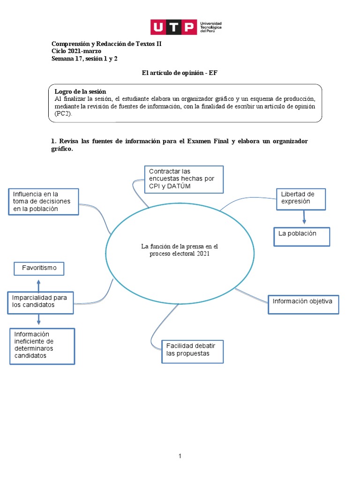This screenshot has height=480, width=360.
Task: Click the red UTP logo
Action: coord(173,27)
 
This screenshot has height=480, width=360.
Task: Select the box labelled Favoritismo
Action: coord(39,269)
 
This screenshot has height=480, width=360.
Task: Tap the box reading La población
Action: coord(301,236)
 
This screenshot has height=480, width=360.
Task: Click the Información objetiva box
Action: coord(303,304)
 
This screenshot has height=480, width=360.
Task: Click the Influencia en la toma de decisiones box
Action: coord(43,202)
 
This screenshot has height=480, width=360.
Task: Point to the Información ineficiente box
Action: coord(42,345)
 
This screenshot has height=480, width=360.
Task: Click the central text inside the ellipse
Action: coord(180,250)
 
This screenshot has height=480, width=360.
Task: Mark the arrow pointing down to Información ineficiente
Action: coord(39,320)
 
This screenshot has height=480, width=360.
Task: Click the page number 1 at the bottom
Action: coord(180,456)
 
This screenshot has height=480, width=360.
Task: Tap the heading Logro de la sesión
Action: coord(80,91)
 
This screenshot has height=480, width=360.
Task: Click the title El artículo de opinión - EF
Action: coord(180,73)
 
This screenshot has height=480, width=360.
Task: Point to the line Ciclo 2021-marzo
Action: coord(76,51)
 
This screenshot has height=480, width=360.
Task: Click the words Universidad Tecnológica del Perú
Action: coord(210,27)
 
